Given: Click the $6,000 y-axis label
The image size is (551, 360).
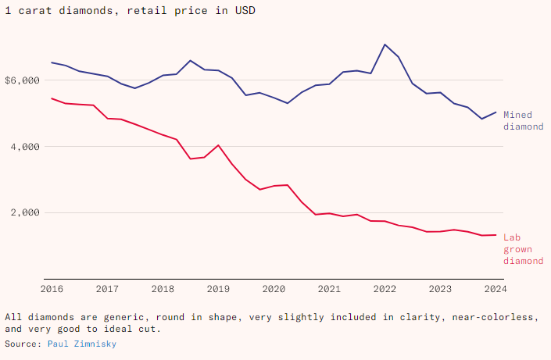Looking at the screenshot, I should coord(20,80).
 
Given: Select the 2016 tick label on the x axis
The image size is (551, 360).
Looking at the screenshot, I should coord(52,288).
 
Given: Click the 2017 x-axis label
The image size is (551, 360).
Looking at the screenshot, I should coord(107,288).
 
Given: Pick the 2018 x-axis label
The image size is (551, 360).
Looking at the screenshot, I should coord(163,288).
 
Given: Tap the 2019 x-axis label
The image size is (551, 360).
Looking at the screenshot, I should coord(218,288).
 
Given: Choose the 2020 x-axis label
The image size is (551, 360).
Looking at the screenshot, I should coord(274,288).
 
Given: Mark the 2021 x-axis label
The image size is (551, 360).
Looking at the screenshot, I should coord(329,288).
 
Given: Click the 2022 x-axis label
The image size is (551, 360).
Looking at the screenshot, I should coord(385,288).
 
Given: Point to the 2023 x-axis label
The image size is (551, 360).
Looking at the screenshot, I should coord(440,288).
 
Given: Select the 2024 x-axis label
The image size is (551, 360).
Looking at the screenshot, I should coord(496,288).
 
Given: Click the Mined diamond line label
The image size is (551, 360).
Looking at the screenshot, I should coord(522,120).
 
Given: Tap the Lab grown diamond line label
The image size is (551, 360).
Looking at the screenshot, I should coord(522,248).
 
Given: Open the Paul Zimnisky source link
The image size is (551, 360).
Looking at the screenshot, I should coord(82,344).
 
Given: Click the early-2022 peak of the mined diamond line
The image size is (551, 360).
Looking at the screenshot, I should coord(385,45).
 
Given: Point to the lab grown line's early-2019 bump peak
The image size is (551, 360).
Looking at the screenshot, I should coord(218,145).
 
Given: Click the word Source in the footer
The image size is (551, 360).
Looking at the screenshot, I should coord(23,344).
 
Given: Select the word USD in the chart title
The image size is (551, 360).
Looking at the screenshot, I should coord(245,11).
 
